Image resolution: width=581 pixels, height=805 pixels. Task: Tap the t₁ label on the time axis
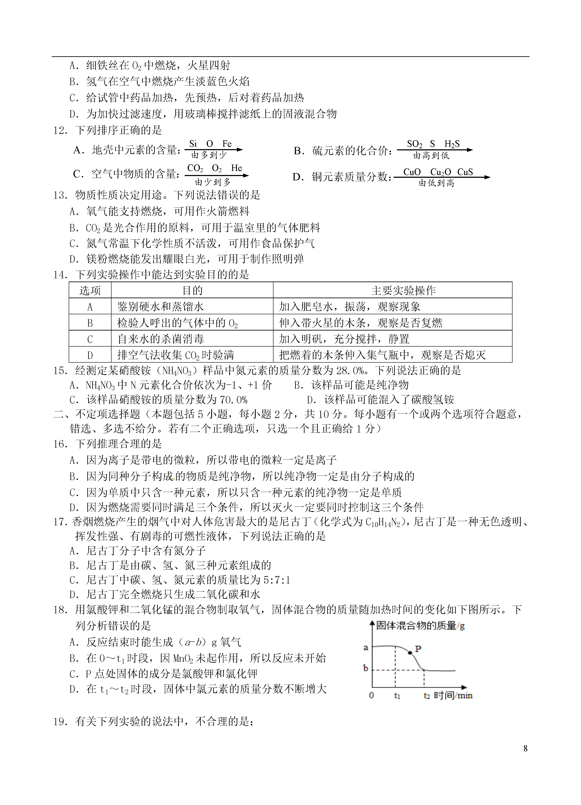(x=397, y=696)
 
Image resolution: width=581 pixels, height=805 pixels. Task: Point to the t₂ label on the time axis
(x=426, y=696)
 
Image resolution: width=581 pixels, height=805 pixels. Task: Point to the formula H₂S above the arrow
(x=452, y=144)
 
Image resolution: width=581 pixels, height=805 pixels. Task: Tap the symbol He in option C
(x=236, y=168)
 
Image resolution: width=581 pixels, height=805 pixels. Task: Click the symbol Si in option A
(x=193, y=144)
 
